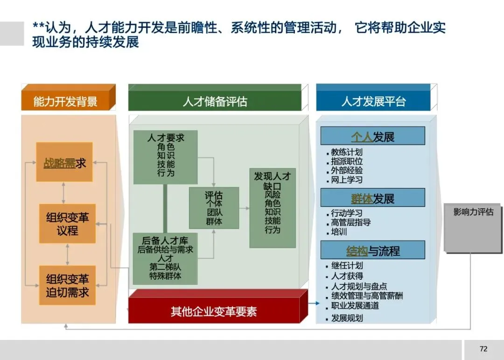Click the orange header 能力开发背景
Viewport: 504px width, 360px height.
[65, 101]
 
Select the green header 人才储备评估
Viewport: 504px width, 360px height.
[215, 101]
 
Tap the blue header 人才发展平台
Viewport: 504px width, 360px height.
[373, 101]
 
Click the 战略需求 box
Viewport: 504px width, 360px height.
[64, 162]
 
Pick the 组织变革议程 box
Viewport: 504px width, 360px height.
[67, 224]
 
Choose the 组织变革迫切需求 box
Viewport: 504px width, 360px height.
[67, 286]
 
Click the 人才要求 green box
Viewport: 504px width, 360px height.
[166, 157]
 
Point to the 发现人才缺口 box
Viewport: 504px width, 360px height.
[273, 208]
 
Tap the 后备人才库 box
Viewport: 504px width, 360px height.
[165, 258]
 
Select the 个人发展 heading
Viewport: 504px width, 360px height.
[372, 137]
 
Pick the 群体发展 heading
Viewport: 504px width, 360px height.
[372, 198]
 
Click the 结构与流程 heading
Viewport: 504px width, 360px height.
[372, 251]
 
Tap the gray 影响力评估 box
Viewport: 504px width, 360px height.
[472, 227]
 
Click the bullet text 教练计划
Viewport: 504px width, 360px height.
[346, 152]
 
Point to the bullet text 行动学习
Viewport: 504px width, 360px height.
[346, 213]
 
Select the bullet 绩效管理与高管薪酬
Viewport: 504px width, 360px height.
[367, 296]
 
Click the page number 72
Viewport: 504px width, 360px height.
[483, 349]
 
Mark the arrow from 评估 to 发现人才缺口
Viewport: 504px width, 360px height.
[244, 209]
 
